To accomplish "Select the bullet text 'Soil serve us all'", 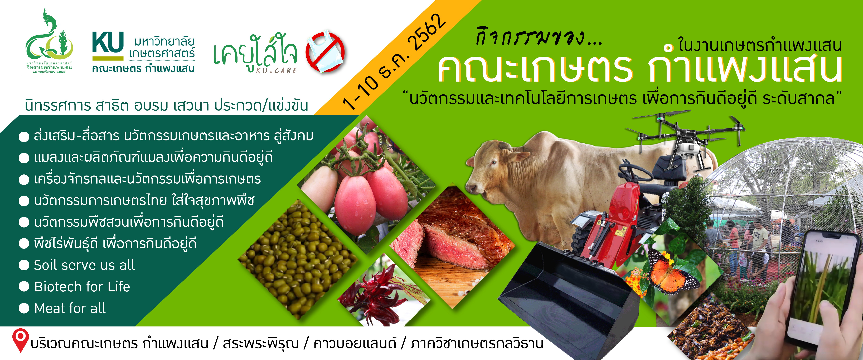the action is (x=84, y=265).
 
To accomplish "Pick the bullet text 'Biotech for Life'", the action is (x=82, y=287).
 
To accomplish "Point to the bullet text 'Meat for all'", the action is (x=70, y=308).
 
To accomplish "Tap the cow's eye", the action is (x=494, y=162).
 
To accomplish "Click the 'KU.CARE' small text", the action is (x=277, y=70).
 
